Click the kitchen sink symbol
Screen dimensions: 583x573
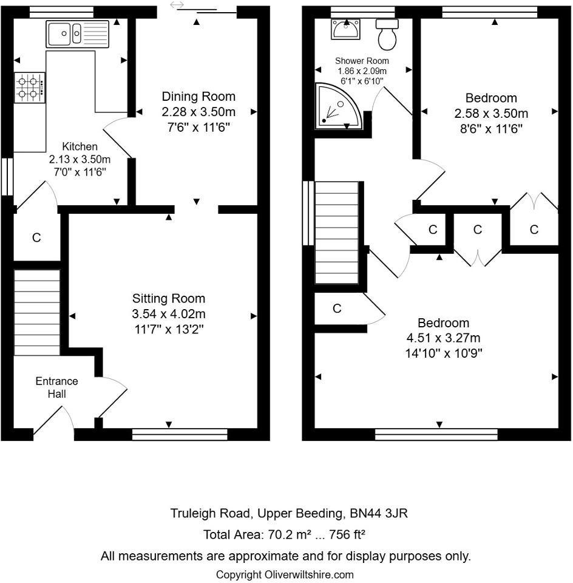coord(77,34)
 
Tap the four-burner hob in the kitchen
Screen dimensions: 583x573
coord(30,87)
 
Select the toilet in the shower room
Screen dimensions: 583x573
coord(387,33)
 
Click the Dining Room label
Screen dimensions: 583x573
coord(198,97)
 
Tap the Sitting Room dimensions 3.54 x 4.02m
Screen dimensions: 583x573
coord(169,314)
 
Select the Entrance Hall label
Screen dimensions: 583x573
coord(56,387)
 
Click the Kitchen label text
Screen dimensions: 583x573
coord(80,146)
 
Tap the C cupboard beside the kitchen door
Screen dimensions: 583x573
coord(36,237)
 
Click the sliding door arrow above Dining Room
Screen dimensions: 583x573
coord(177,5)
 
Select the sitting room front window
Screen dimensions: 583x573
coord(180,434)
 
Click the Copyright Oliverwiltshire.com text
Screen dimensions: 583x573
coord(285,574)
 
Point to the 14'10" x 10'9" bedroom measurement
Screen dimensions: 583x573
coord(434,353)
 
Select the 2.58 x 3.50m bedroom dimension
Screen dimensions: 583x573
coord(490,113)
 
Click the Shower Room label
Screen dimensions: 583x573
coord(362,61)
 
